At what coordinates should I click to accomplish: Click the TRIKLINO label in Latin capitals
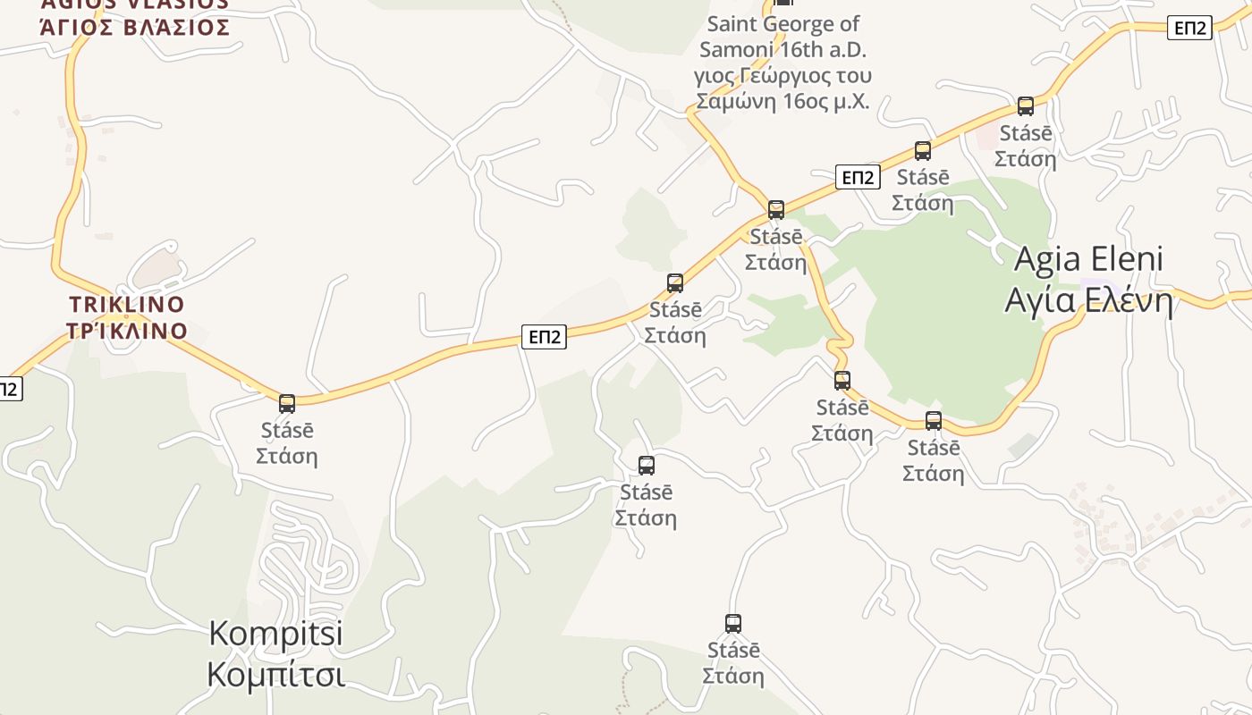[126, 304]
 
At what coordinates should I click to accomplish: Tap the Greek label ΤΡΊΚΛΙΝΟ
[126, 331]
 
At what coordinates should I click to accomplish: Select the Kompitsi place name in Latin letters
[275, 633]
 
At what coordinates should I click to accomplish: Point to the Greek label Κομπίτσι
[275, 674]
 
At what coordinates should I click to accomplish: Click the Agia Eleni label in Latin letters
[1088, 259]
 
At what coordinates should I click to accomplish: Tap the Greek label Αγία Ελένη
[1088, 300]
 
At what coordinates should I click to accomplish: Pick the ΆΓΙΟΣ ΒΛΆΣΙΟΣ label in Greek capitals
[135, 27]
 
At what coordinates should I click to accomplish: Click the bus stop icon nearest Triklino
[287, 404]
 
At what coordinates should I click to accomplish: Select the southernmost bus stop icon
[733, 624]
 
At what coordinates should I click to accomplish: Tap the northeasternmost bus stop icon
[1026, 106]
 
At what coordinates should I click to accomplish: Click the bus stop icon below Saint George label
[776, 210]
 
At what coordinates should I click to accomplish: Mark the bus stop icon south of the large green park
[934, 421]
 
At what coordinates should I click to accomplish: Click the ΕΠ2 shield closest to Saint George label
[858, 177]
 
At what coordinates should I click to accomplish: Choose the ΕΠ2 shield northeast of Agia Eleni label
[1189, 28]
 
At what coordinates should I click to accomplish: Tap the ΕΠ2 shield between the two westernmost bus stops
[545, 337]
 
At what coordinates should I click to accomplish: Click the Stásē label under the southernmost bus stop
[733, 650]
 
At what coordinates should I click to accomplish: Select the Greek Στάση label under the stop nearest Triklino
[287, 456]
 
